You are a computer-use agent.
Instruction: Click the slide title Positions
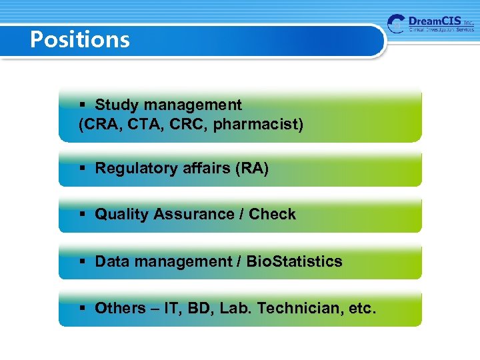coord(80,40)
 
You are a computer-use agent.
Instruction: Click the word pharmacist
coord(257,124)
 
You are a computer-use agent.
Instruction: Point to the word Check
coord(272,214)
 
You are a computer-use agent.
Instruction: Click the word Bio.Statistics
coord(294,261)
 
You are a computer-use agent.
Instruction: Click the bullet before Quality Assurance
coord(83,215)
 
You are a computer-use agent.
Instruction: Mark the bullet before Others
coord(83,309)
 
